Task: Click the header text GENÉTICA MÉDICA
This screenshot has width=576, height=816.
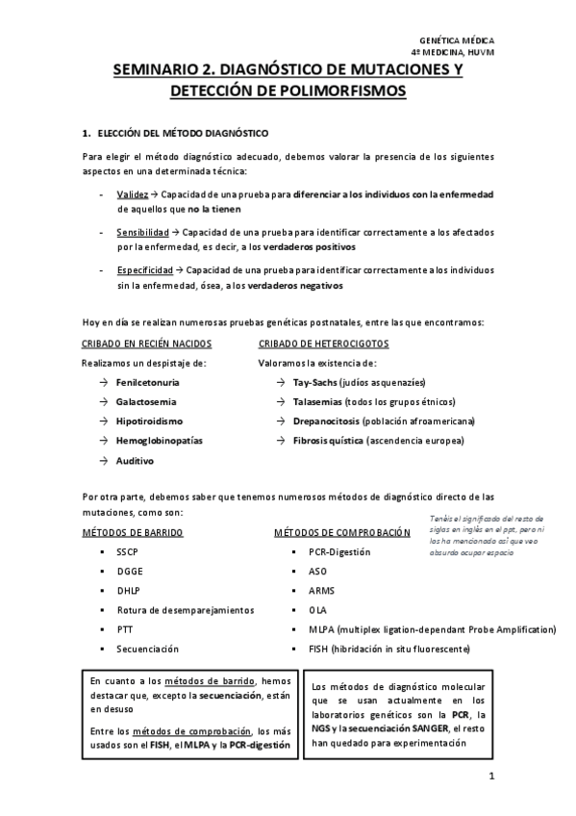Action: coord(462,41)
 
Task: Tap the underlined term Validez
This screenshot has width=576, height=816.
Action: coord(132,194)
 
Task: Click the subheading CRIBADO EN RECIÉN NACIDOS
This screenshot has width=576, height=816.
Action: coord(145,344)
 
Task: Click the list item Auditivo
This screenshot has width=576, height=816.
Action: coord(135,460)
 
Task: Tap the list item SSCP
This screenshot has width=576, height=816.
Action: coord(128,552)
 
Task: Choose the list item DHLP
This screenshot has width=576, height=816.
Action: coord(128,591)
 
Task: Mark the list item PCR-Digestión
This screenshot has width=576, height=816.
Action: coord(338,552)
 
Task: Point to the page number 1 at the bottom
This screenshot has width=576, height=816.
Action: coord(489,777)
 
